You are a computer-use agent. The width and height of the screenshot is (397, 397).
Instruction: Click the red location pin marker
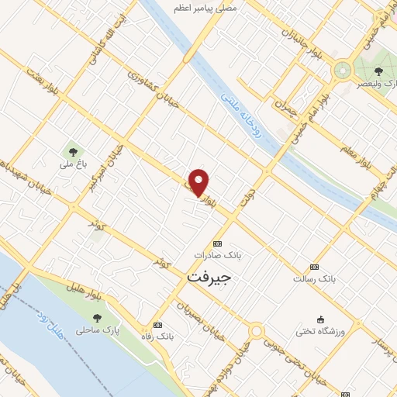point(200,182)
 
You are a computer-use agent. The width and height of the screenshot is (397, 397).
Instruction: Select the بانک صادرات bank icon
point(216,242)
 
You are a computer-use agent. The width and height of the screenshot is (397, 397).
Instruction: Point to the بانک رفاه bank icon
point(159,325)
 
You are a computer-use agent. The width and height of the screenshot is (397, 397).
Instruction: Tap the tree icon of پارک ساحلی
point(97,318)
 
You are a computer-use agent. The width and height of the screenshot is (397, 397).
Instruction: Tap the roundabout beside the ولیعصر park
point(341,71)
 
